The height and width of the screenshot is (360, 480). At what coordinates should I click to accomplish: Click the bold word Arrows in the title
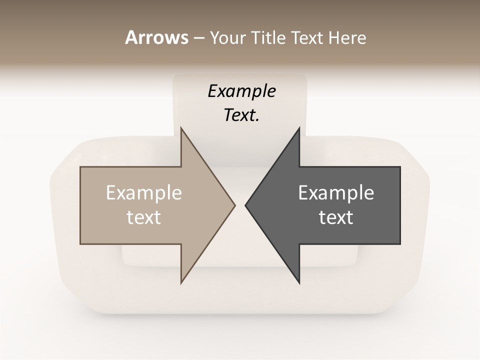(156, 37)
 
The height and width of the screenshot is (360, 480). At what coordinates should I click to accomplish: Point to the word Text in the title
(308, 38)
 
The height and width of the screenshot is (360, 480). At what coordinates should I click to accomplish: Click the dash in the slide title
(198, 38)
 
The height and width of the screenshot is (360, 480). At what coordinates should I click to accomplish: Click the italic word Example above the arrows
(241, 91)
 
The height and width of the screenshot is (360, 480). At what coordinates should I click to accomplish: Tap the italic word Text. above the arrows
(241, 115)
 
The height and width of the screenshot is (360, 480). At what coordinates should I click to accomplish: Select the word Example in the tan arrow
(144, 193)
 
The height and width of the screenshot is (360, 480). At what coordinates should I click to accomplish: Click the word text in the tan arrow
(144, 217)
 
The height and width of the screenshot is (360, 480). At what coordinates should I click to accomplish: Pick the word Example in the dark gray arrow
(336, 193)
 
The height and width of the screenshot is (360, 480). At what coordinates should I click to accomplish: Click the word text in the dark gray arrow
(336, 217)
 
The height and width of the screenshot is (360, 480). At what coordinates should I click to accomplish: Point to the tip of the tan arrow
(234, 205)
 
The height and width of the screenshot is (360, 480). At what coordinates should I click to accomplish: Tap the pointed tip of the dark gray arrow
(246, 205)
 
